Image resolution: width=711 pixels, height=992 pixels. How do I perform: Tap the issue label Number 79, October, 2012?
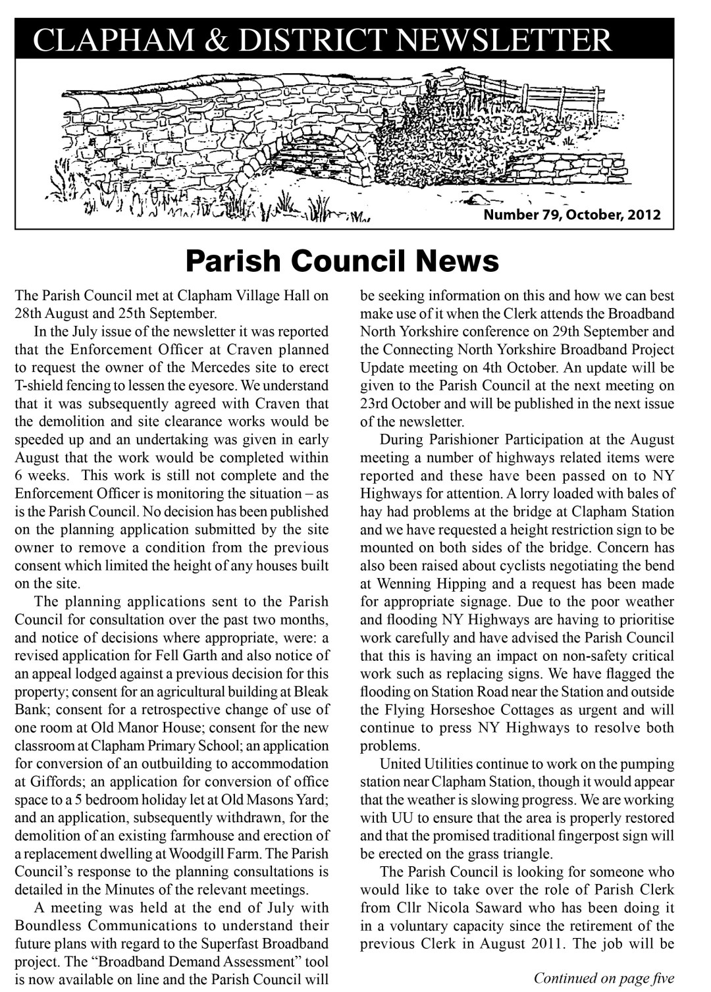point(571,215)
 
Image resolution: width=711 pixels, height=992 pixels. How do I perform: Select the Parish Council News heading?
point(342,261)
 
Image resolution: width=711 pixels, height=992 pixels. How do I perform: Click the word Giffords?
point(49,782)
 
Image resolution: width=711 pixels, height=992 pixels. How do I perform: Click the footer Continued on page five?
point(604,978)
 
